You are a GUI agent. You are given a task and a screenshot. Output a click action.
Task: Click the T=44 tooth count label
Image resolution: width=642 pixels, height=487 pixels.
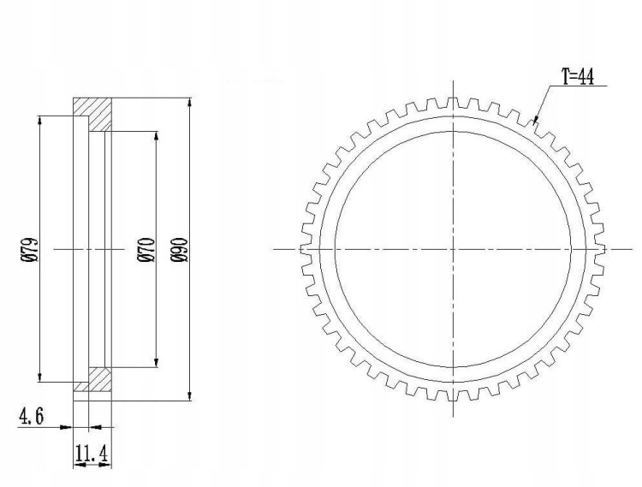[577, 76]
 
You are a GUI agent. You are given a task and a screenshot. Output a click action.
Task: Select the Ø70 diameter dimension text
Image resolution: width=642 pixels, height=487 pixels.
[147, 249]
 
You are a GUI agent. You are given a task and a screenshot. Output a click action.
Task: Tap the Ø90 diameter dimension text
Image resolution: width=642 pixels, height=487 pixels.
[180, 249]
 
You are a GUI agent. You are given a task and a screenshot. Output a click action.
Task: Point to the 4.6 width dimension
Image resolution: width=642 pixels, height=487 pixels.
[31, 417]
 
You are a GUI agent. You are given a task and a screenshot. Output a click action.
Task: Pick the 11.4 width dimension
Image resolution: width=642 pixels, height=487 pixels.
[92, 454]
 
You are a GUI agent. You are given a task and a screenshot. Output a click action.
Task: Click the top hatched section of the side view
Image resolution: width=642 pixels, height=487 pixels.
[92, 115]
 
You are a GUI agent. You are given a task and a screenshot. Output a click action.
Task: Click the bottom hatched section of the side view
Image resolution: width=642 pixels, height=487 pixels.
[93, 380]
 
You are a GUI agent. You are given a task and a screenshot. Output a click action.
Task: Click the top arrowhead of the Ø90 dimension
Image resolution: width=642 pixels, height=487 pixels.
[189, 103]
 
